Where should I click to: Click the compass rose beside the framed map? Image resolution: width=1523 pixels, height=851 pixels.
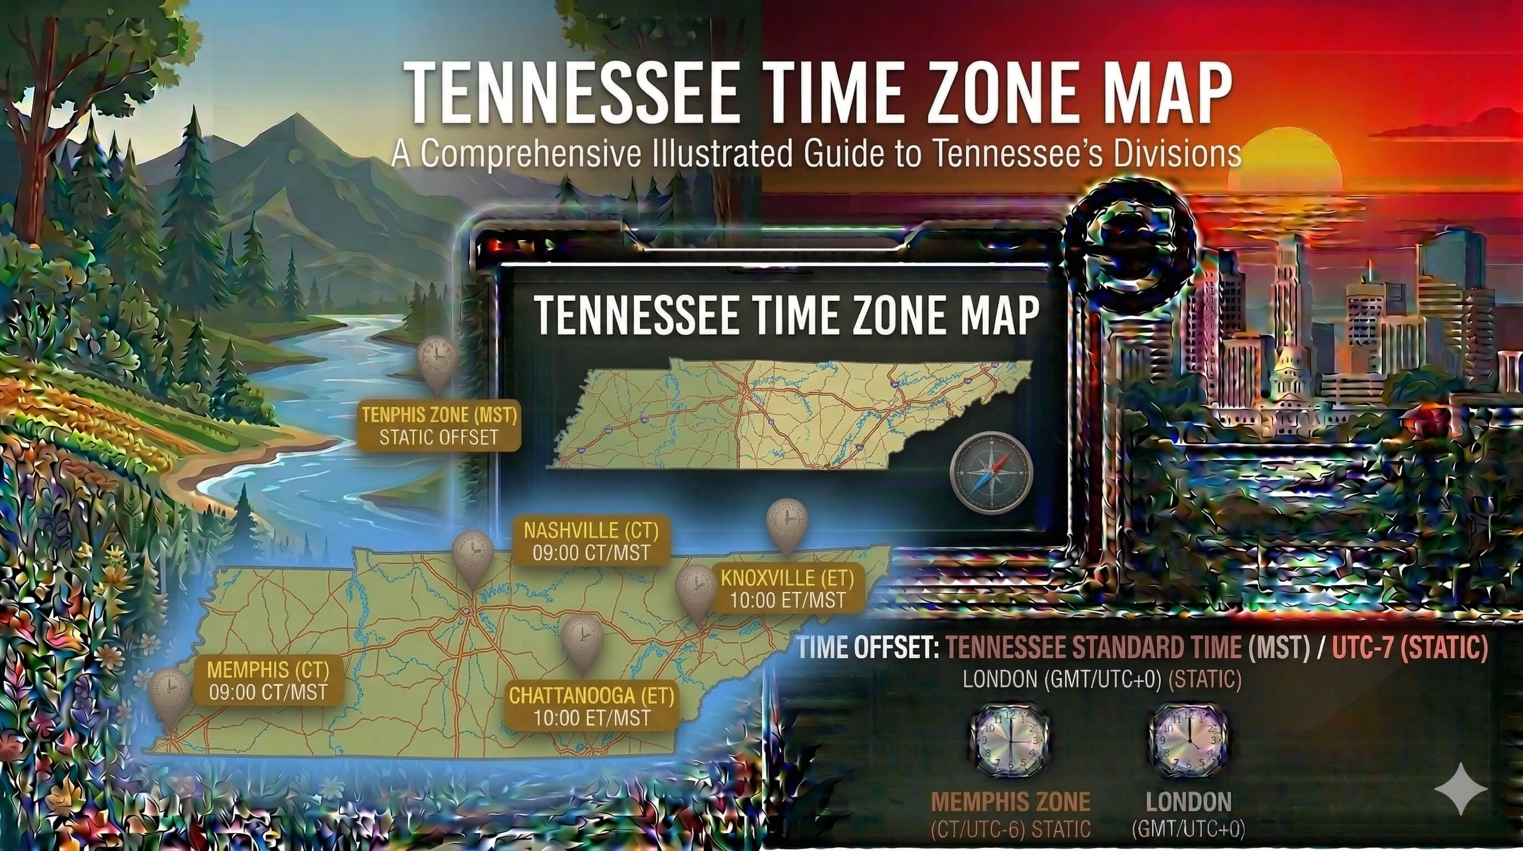pyautogui.click(x=991, y=471)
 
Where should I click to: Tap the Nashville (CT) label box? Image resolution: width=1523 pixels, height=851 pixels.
pyautogui.click(x=590, y=541)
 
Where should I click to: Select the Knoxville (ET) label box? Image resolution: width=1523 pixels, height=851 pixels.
pyautogui.click(x=787, y=588)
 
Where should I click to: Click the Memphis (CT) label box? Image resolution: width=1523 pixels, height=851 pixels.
pyautogui.click(x=268, y=680)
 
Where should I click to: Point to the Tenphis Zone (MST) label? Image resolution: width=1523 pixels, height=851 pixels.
pyautogui.click(x=439, y=425)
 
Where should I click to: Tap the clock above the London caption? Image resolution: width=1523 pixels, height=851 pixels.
pyautogui.click(x=1187, y=739)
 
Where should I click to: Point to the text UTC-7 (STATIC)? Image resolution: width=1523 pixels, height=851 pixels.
pyautogui.click(x=1409, y=648)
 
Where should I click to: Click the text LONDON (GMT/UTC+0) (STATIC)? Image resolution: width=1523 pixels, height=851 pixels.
pyautogui.click(x=1102, y=679)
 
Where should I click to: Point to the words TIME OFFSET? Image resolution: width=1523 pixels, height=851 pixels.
pyautogui.click(x=868, y=648)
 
